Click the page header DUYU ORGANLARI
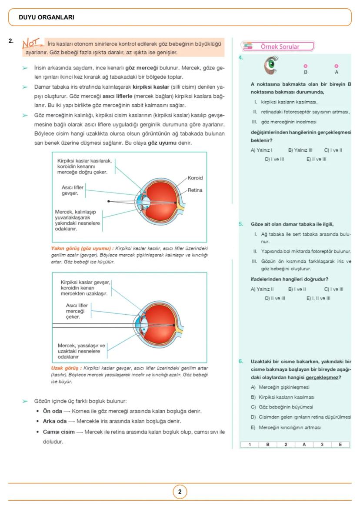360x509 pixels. tap(47, 17)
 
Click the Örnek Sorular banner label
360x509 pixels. tap(280, 47)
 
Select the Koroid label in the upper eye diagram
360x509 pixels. tap(195, 178)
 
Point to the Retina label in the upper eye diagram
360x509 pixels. tap(195, 190)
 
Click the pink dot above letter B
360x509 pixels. tap(306, 66)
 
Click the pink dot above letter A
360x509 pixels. tap(337, 66)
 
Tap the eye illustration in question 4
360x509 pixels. tap(271, 65)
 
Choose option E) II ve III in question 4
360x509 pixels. tap(316, 159)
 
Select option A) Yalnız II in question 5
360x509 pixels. tap(262, 289)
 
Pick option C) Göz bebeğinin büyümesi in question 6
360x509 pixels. tap(281, 407)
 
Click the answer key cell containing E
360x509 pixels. tap(340, 445)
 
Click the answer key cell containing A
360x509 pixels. tap(304, 445)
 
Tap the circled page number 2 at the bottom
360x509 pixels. tap(180, 492)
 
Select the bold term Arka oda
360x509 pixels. tap(55, 421)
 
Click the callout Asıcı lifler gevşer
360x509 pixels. tap(72, 190)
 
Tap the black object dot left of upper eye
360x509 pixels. tap(109, 201)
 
